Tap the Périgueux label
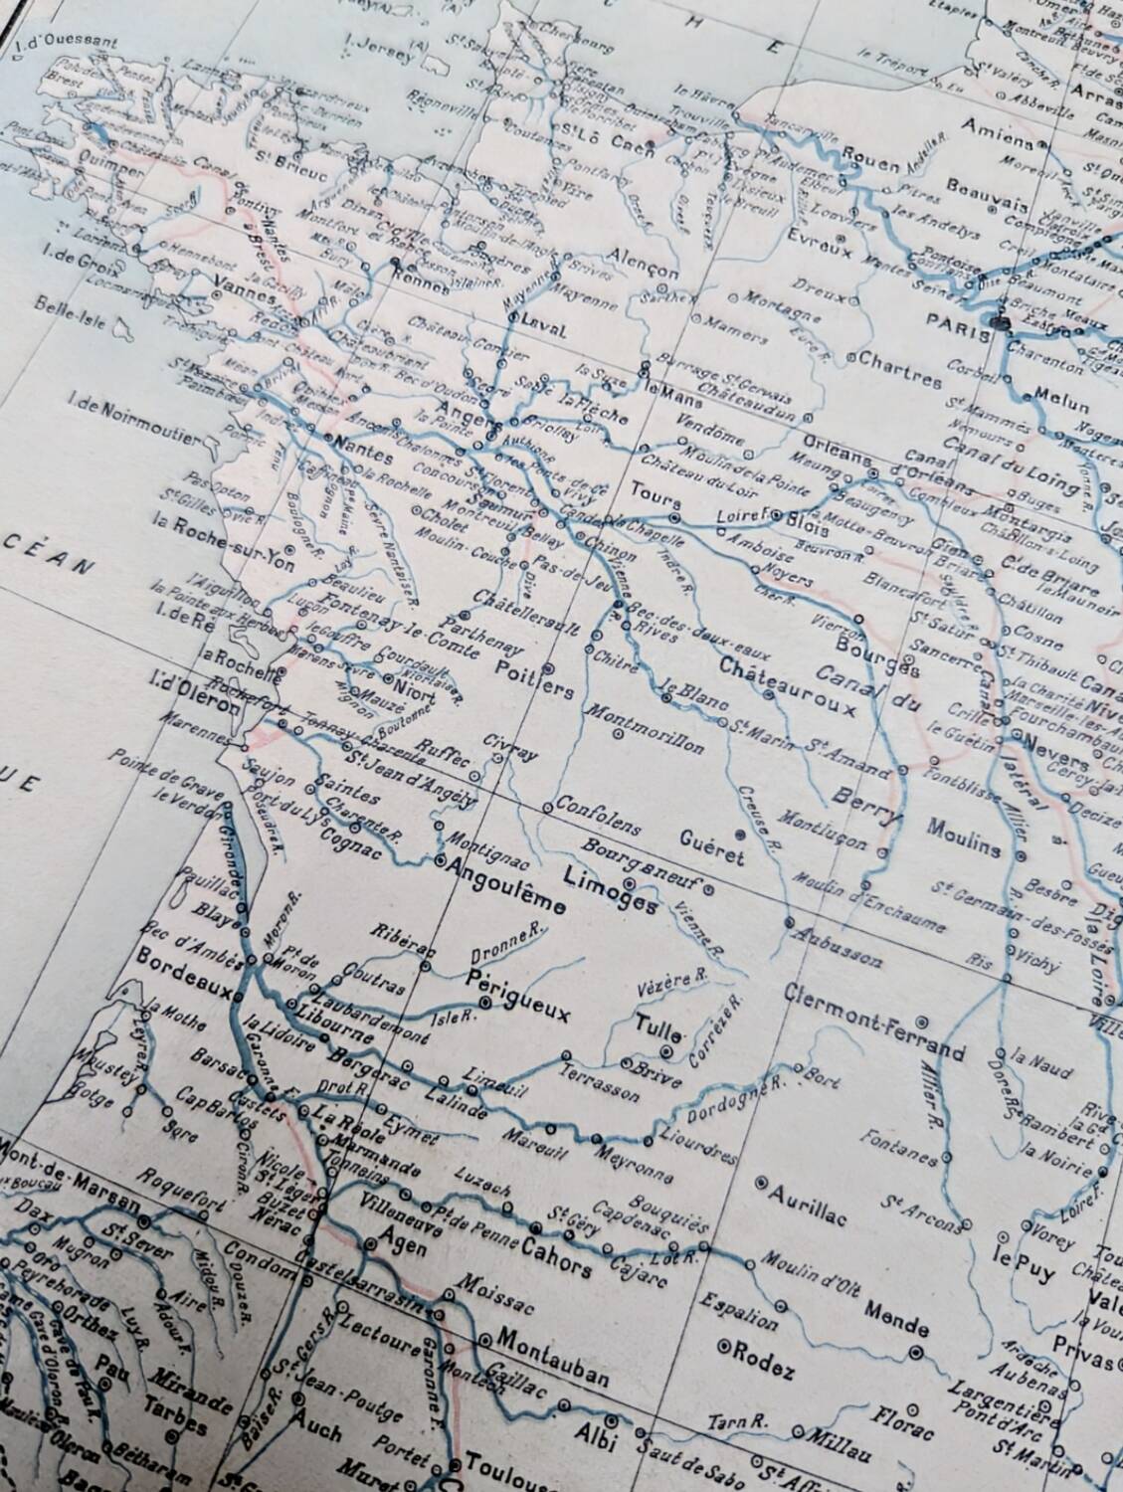pyautogui.click(x=517, y=995)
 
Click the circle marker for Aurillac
pyautogui.click(x=762, y=1183)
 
